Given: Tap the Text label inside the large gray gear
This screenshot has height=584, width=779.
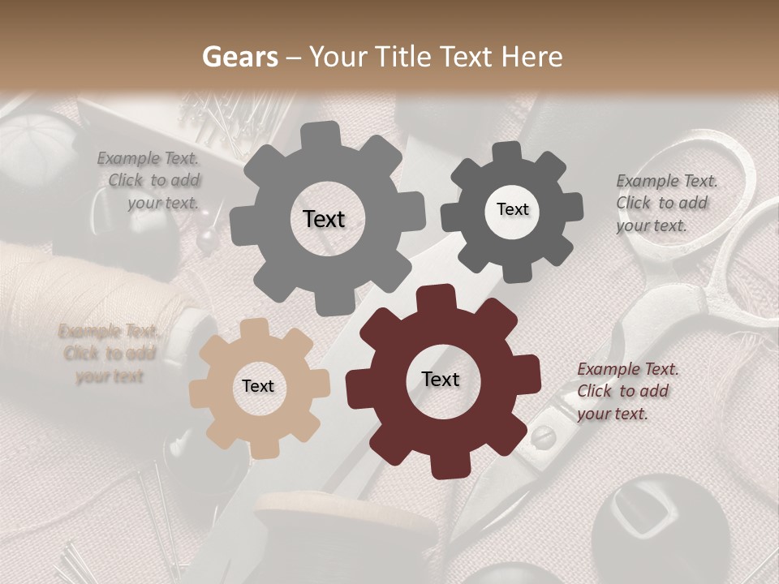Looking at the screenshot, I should pos(324,219).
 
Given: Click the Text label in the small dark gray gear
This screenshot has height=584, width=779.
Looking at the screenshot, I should pos(512,209).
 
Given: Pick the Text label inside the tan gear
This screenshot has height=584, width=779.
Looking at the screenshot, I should pos(258,386).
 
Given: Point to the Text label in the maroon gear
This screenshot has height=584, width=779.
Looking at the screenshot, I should pos(440,379).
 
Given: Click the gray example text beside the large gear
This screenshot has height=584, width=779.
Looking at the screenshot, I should pos(151,181).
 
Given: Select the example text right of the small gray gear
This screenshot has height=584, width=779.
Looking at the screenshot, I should pos(665,203).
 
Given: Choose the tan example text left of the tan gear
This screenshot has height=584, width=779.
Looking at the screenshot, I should pos(109,354).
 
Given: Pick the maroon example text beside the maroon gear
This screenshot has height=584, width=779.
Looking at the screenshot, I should pos(626,391).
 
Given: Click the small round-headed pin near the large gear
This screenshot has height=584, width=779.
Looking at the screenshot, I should pos(209,238).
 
